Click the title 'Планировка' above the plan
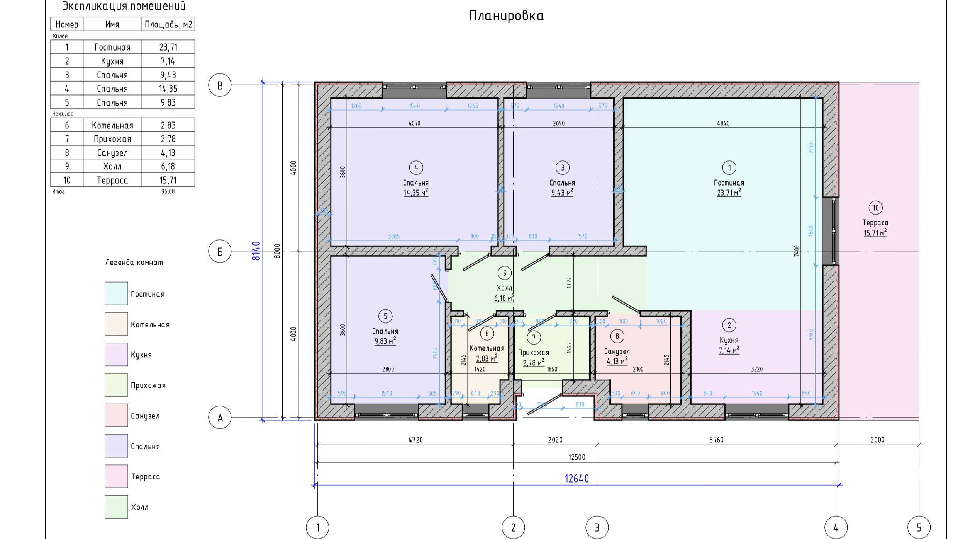[506, 16]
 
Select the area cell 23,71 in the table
[168, 47]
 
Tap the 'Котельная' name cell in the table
[112, 125]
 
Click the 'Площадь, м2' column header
[168, 25]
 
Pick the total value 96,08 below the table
[168, 191]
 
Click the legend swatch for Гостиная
[116, 293]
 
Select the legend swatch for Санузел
[116, 416]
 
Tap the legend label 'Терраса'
[145, 476]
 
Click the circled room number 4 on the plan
[416, 168]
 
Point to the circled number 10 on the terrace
[875, 208]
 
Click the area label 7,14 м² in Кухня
[729, 350]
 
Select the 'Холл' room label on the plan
[504, 288]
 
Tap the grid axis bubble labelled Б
[220, 251]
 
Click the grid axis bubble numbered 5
[919, 527]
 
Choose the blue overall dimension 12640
[576, 479]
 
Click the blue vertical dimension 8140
[256, 251]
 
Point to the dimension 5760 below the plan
[716, 440]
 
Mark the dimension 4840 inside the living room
[723, 123]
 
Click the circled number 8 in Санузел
[617, 336]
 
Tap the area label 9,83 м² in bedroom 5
[385, 341]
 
